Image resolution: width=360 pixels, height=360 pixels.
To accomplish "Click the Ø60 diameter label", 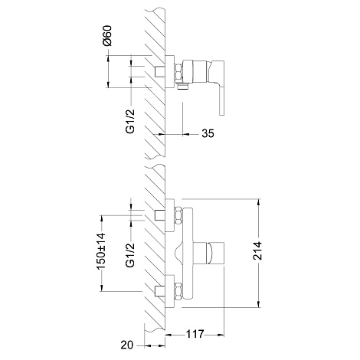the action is tap(107, 35).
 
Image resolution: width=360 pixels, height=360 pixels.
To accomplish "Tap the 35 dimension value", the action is tap(208, 133).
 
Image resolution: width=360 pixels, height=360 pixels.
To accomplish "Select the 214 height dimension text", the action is tap(257, 250).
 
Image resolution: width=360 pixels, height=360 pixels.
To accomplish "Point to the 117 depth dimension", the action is tap(195, 334).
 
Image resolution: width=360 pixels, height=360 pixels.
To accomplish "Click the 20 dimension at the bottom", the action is tap(127, 345).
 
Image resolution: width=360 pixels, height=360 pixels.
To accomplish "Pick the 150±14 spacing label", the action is tap(100, 250).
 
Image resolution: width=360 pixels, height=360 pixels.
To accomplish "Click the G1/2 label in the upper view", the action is tap(130, 121).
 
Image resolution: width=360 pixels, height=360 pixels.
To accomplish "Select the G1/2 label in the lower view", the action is tap(130, 255).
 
